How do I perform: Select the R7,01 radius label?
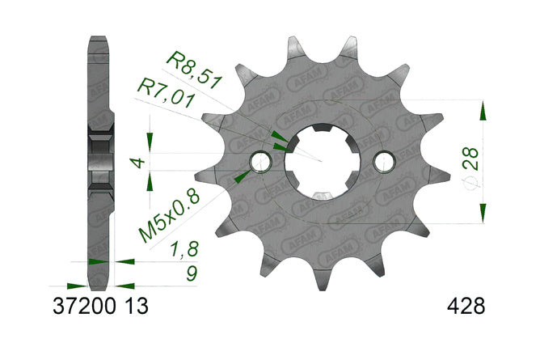pyautogui.click(x=167, y=93)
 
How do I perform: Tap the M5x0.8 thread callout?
pyautogui.click(x=170, y=216)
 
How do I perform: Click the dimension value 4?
pyautogui.click(x=138, y=163)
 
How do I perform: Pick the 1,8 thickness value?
pyautogui.click(x=185, y=250)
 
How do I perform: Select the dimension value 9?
pyautogui.click(x=192, y=274)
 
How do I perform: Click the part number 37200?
pyautogui.click(x=84, y=306)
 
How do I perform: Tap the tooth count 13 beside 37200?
pyautogui.click(x=137, y=306)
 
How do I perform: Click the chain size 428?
pyautogui.click(x=466, y=306)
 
